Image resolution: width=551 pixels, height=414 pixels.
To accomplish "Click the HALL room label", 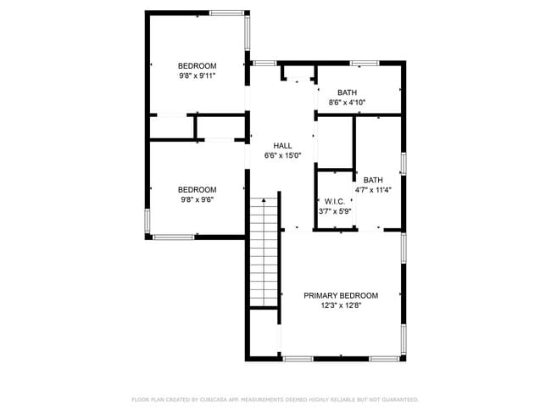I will tap(282, 146).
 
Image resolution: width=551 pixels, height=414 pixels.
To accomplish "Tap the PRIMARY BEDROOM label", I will tap(341, 295).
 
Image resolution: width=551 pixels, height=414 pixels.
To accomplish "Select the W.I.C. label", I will tap(333, 202).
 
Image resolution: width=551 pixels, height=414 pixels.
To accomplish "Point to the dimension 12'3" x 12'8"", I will tap(341, 305).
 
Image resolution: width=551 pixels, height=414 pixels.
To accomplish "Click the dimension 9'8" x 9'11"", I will tap(197, 76).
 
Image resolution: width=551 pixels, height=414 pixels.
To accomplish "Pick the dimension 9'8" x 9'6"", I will tap(197, 200).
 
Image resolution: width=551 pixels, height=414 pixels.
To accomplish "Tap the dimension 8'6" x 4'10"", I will tap(347, 103).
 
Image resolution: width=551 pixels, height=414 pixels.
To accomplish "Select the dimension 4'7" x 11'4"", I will tap(373, 190).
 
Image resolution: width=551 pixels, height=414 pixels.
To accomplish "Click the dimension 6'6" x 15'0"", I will tap(282, 156).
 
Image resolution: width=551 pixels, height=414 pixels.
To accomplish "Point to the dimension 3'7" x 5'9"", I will tap(334, 212).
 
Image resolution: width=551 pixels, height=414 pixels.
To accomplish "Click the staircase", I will tap(264, 250).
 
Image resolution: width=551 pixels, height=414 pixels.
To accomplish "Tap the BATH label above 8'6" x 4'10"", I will tap(347, 92).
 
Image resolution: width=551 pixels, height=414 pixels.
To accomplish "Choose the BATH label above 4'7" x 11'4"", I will tap(373, 180).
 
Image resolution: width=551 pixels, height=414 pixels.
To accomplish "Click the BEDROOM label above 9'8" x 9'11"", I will tap(197, 66).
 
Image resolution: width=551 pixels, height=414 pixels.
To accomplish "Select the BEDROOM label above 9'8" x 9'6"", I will tap(197, 190).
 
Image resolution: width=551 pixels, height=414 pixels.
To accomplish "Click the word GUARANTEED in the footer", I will tap(399, 399).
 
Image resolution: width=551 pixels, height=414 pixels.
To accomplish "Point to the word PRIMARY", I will tap(322, 295).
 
